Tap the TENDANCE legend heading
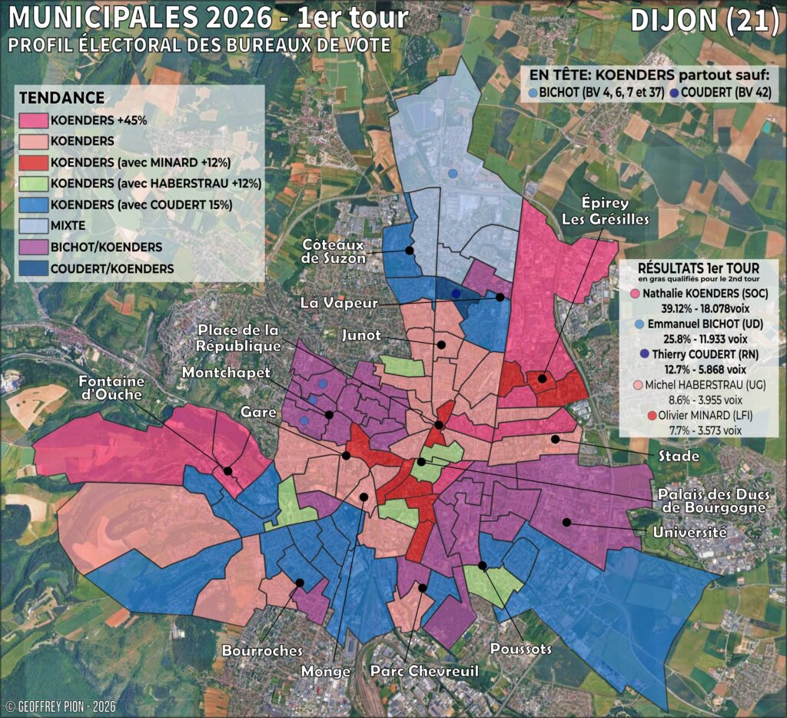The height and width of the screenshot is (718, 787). pyautogui.click(x=61, y=98)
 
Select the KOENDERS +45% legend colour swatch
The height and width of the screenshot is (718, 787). pyautogui.click(x=32, y=120)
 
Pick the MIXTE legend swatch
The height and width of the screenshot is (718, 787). pyautogui.click(x=32, y=226)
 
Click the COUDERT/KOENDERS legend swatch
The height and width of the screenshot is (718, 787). pyautogui.click(x=32, y=268)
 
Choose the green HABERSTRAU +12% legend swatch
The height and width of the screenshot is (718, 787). pyautogui.click(x=32, y=184)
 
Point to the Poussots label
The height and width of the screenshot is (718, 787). pyautogui.click(x=522, y=649)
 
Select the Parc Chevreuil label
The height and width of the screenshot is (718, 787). pyautogui.click(x=424, y=672)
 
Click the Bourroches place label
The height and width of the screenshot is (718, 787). pyautogui.click(x=262, y=650)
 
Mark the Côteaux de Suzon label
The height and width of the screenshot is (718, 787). pyautogui.click(x=333, y=250)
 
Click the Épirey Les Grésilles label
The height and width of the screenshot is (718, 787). pyautogui.click(x=615, y=211)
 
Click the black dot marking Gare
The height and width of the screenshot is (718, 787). pyautogui.click(x=346, y=456)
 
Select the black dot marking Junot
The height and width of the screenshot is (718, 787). pyautogui.click(x=442, y=344)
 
